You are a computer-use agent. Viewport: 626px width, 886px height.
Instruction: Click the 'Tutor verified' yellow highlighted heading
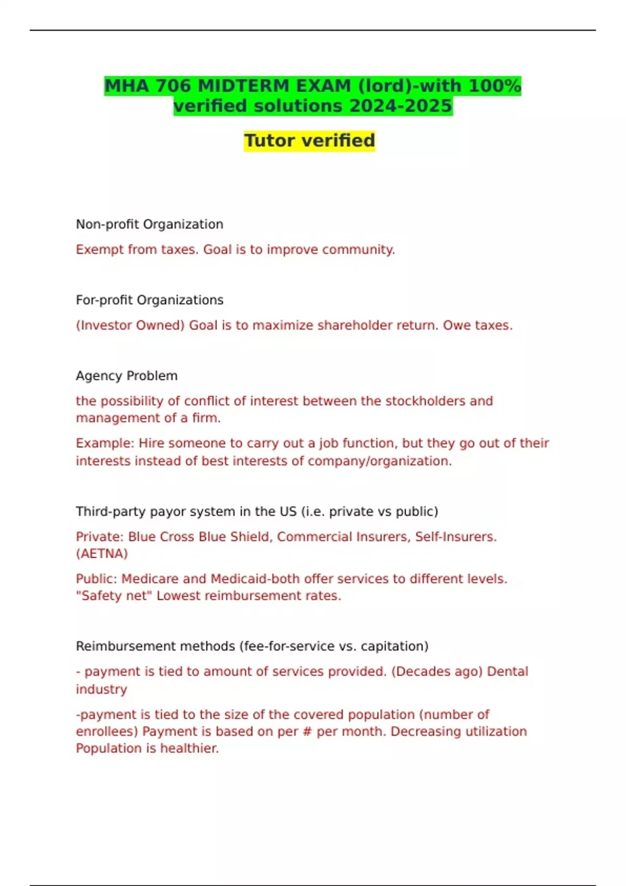point(309,141)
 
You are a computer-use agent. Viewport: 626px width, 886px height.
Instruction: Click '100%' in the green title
point(494,85)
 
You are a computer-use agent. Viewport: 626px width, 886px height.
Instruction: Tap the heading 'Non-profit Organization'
point(149,224)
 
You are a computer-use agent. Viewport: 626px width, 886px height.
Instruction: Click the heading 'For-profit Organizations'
point(149,300)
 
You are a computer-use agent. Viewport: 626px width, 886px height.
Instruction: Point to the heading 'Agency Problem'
point(126,376)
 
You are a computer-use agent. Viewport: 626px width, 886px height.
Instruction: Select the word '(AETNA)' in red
point(102,553)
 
